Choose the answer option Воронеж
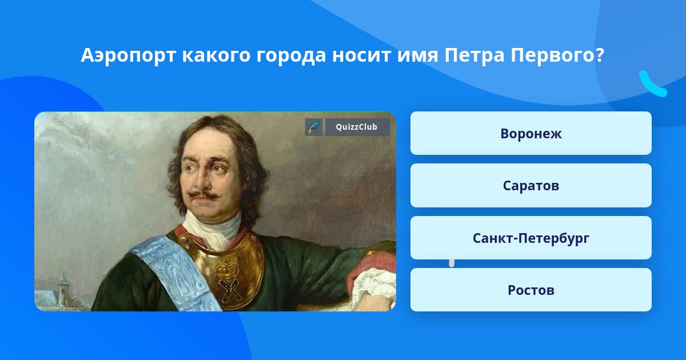coord(531,133)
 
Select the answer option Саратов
coord(531,186)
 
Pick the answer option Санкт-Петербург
coord(531,238)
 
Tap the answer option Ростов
coord(531,290)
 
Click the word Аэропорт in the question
coord(128,56)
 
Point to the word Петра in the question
coord(474,55)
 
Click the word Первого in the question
coord(553,56)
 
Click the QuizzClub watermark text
coord(357,127)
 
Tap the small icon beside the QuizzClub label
coord(314,127)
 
